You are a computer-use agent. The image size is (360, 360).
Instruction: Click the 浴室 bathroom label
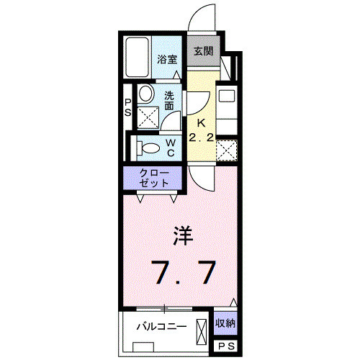168,60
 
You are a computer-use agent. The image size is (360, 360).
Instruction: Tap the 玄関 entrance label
203,51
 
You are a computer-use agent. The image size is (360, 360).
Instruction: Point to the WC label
171,147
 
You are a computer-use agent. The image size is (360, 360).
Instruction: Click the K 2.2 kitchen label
200,130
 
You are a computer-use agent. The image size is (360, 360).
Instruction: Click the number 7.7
183,273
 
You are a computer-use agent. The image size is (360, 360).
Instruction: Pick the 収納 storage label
226,323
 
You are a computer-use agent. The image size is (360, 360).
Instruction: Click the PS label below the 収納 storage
226,346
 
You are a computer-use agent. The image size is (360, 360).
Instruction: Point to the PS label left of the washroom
127,107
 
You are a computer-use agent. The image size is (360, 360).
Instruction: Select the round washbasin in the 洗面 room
146,94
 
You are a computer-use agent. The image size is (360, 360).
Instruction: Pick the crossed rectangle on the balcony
202,325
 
